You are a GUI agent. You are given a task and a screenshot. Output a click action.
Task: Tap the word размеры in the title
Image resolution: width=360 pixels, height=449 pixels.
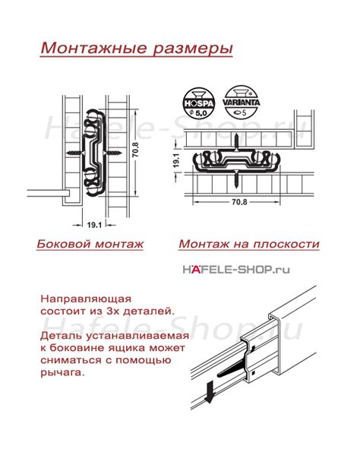188,48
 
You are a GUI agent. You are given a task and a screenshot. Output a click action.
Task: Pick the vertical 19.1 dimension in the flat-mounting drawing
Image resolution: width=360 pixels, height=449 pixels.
175,162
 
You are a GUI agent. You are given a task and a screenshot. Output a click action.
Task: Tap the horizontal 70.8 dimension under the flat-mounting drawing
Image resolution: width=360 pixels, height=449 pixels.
240,202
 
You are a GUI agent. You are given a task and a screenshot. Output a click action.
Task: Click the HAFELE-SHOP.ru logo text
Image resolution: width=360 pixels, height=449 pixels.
235,268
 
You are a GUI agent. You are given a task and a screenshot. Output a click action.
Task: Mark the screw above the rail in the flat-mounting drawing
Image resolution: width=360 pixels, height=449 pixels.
238,141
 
